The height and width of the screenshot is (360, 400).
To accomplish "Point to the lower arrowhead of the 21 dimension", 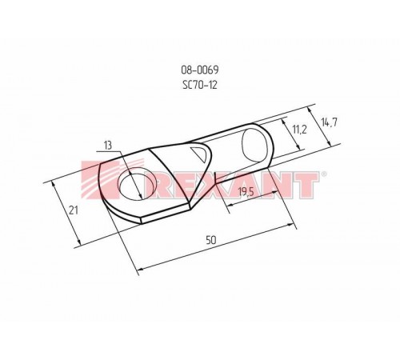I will click(x=81, y=243).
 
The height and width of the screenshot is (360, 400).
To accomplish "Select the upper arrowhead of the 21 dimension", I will click(x=53, y=183).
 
